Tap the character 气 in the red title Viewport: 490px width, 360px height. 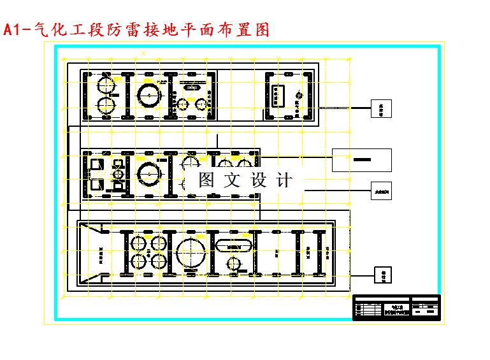(40, 30)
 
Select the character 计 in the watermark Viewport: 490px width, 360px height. (285, 180)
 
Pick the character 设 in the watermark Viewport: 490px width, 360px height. (260, 180)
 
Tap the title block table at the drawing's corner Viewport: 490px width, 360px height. (396, 307)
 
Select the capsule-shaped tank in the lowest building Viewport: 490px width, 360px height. (234, 245)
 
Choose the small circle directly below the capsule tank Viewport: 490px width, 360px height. (234, 264)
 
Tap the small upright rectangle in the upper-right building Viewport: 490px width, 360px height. (278, 95)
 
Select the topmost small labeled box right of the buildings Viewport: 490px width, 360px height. (382, 108)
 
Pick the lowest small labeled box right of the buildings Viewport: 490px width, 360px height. (384, 275)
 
